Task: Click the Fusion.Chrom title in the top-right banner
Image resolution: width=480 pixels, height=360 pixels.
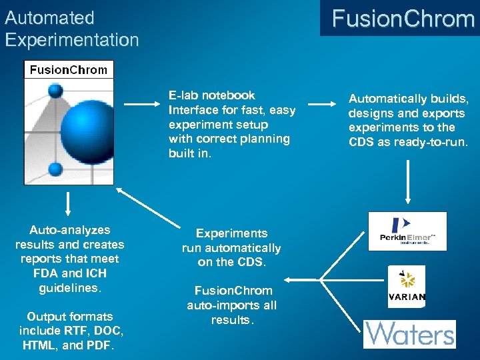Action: tap(403, 18)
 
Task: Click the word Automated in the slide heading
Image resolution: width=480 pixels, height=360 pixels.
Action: tap(49, 17)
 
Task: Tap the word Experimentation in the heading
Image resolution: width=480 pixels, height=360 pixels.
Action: tap(71, 39)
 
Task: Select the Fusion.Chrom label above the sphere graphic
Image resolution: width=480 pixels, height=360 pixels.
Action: tap(69, 69)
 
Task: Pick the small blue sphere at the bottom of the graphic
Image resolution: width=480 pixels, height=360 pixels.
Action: tap(56, 169)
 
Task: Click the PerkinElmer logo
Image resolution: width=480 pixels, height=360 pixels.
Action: tap(407, 231)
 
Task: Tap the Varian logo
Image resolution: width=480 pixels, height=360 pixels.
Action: tap(407, 287)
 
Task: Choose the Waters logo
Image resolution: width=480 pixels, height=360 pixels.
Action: tap(409, 333)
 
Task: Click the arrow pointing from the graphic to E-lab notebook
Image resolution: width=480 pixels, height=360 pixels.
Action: tap(141, 104)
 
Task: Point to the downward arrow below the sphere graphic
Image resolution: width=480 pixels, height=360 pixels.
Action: tap(67, 204)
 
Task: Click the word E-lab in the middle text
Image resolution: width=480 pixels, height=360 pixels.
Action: tap(183, 95)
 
